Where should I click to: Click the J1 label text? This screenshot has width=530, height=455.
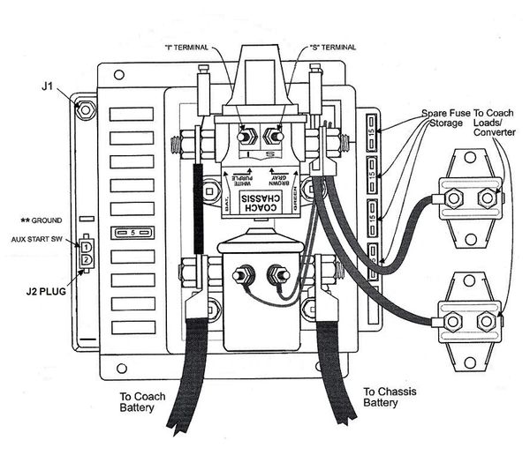[49, 87]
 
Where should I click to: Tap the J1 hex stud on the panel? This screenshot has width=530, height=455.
[85, 109]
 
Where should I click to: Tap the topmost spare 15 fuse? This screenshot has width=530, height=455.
[375, 133]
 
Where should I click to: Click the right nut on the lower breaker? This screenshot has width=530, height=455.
[486, 321]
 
